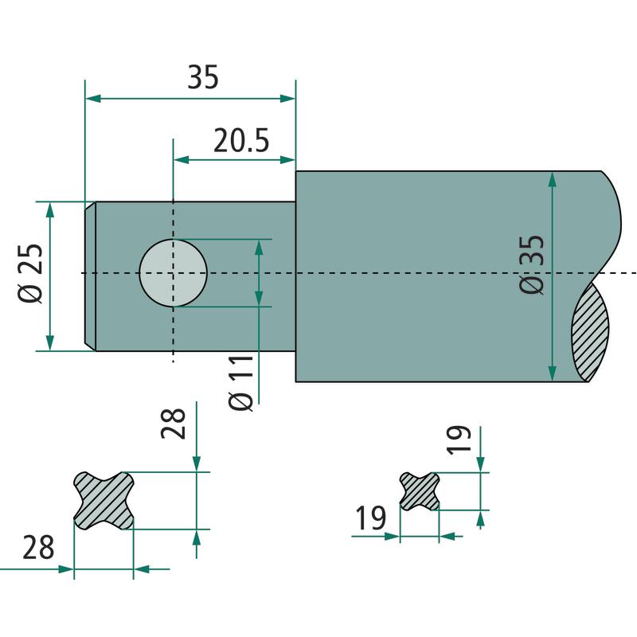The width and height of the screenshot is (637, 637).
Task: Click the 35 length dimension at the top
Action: (203, 76)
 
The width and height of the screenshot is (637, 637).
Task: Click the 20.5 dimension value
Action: (241, 141)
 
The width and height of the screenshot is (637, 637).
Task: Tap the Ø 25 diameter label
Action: (30, 273)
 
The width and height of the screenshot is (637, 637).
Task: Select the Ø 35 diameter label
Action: (531, 264)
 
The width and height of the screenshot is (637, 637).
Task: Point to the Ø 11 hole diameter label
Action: (241, 383)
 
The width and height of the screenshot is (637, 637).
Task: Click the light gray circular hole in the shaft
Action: (173, 273)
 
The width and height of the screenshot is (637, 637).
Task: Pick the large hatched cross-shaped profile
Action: (104, 501)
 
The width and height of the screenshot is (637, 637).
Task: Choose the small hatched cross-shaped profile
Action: (420, 491)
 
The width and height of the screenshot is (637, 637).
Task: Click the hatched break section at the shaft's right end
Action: (590, 332)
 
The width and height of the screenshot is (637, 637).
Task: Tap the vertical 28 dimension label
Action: (174, 424)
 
